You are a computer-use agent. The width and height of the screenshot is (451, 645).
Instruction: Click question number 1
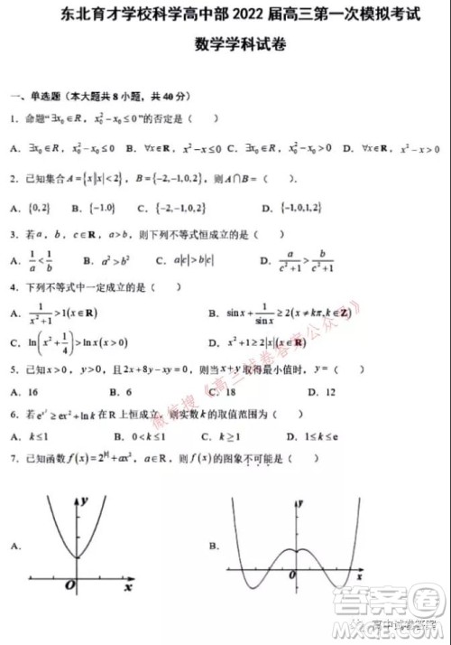(x=12, y=118)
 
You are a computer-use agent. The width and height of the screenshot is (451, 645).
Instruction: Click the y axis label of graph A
(x=83, y=500)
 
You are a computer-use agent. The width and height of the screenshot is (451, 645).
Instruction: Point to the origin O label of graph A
(x=69, y=586)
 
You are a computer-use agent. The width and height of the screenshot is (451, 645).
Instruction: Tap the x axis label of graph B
(x=360, y=575)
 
